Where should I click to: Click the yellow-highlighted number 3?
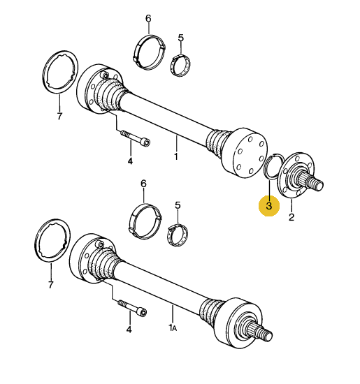(268, 206)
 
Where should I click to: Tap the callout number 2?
(291, 217)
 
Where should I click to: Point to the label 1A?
(172, 327)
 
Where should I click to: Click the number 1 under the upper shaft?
(175, 157)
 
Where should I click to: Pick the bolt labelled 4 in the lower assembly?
(134, 307)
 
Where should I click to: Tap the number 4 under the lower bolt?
(129, 330)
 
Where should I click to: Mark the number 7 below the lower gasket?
(50, 285)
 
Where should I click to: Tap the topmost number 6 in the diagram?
(147, 17)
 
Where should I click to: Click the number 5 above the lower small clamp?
(178, 206)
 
